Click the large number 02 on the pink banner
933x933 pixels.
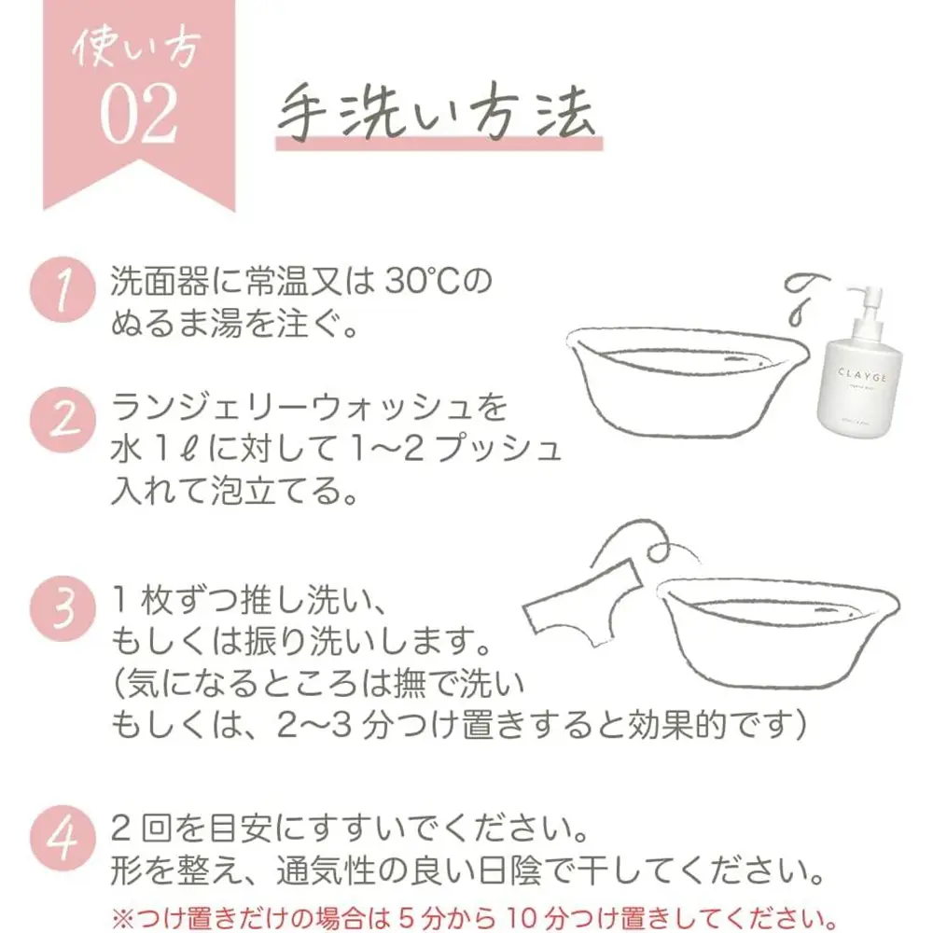click(x=139, y=113)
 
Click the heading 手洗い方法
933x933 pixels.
click(x=437, y=113)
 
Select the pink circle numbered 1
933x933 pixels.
click(x=63, y=290)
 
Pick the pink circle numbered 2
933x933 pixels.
click(x=63, y=420)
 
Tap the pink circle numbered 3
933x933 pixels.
click(x=63, y=608)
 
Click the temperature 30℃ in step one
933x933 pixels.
click(x=423, y=282)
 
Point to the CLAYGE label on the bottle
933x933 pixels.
click(x=862, y=376)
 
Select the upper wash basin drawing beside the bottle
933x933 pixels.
click(x=688, y=381)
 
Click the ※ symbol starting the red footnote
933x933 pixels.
click(x=123, y=917)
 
